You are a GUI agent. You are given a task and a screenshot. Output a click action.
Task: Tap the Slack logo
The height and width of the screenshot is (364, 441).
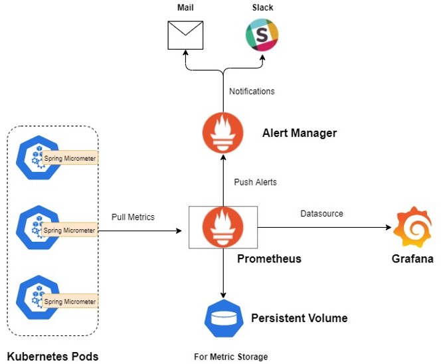pos(262,35)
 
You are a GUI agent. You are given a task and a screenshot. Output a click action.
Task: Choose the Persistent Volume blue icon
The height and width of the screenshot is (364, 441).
pos(222,318)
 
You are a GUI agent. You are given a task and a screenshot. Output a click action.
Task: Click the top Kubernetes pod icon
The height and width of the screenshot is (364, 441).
pos(33,158)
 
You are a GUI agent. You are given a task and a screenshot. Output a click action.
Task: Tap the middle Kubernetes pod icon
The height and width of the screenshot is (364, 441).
pos(33,228)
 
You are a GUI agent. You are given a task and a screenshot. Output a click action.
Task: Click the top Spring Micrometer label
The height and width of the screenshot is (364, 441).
pos(70,158)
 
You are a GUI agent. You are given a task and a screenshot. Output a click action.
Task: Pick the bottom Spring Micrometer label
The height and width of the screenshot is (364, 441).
pos(70,302)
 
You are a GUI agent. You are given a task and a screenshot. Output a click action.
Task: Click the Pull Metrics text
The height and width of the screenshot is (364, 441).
pos(133,217)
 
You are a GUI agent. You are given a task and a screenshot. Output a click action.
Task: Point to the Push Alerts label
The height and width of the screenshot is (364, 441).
pos(256,182)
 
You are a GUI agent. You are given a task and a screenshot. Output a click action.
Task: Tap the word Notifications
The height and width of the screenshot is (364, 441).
pos(252,91)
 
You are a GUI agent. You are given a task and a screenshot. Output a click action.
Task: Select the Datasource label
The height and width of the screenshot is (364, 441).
pos(322,214)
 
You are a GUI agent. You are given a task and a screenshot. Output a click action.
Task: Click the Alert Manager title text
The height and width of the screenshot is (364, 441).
pos(299,134)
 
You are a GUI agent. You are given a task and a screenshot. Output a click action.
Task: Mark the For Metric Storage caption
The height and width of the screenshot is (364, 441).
pos(230,357)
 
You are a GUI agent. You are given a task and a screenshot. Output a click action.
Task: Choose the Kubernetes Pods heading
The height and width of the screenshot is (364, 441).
pos(52,357)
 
